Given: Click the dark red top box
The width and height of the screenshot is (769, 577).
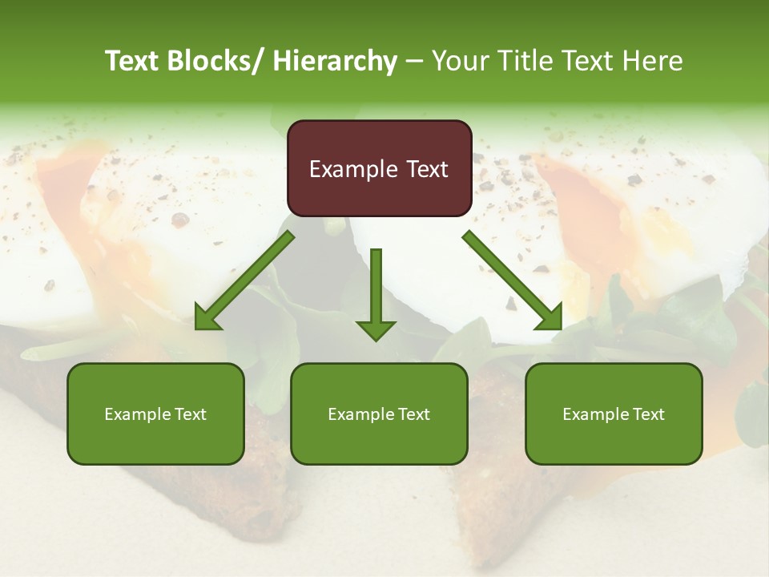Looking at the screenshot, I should point(379,168).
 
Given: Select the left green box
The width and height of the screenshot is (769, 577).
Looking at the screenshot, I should point(155,414).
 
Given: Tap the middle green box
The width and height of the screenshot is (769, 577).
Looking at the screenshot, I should point(379,414).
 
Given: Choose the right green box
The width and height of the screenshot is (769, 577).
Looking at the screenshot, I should point(614,414).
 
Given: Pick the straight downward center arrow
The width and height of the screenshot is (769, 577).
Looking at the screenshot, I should point(376,293).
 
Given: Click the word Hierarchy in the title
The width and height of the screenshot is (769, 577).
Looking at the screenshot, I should point(335,61).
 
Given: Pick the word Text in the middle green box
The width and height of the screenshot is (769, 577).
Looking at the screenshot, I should point(413,414).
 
